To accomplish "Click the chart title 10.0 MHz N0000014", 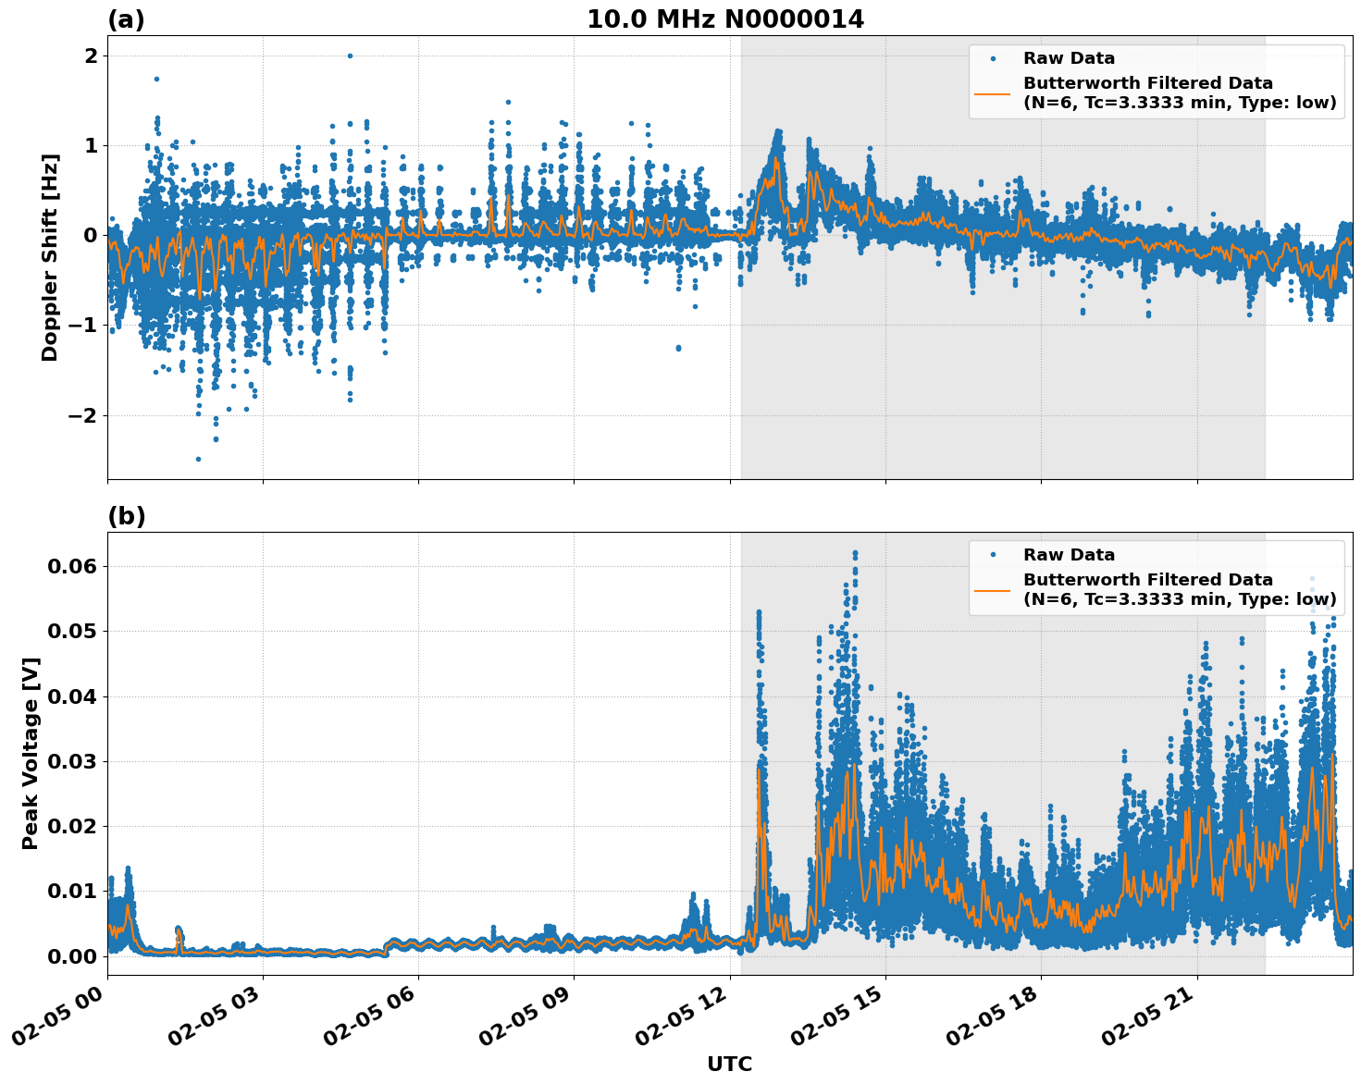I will pyautogui.click(x=725, y=19).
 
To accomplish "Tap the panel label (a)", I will pyautogui.click(x=126, y=19).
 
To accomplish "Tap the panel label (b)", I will pyautogui.click(x=126, y=516).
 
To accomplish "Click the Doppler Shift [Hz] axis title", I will pyautogui.click(x=50, y=258).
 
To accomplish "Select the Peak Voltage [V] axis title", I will pyautogui.click(x=31, y=754).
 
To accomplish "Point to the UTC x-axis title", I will pyautogui.click(x=729, y=1065).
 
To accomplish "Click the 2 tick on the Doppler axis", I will pyautogui.click(x=91, y=56).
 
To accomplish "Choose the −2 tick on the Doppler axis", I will pyautogui.click(x=83, y=415).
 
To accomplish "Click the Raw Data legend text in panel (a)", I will pyautogui.click(x=1069, y=58).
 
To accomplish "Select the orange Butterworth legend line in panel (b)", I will pyautogui.click(x=992, y=590).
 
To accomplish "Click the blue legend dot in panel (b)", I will pyautogui.click(x=993, y=555).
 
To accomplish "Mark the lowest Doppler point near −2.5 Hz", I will pyautogui.click(x=198, y=459).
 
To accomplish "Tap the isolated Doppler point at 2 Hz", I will pyautogui.click(x=350, y=55).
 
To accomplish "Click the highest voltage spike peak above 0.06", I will pyautogui.click(x=855, y=553).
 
